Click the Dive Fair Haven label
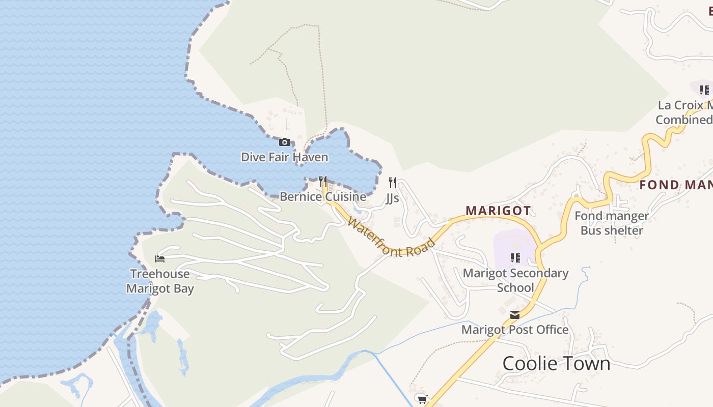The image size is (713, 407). tap(284, 157)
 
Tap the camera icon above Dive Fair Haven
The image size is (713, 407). tap(285, 142)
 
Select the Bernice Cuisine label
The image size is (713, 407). tap(323, 196)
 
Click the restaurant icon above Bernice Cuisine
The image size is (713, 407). tap(322, 181)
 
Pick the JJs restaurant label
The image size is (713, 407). tap(392, 197)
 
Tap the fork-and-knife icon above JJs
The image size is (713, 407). tap(392, 182)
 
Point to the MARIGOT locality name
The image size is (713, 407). tap(498, 211)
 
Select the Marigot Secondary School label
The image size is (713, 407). tap(515, 280)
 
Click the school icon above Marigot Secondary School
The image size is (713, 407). tap(515, 258)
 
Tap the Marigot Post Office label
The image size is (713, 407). tap(515, 330)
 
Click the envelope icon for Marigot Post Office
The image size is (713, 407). tap(515, 315)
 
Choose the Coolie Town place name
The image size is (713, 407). tap(556, 363)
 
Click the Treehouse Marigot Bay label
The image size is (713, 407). tap(160, 281)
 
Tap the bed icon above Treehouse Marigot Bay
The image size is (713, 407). tap(160, 259)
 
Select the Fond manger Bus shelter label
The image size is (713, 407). tap(612, 223)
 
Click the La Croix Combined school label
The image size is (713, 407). tap(684, 112)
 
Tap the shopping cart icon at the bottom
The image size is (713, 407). tap(421, 398)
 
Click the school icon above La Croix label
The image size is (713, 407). tap(704, 90)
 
